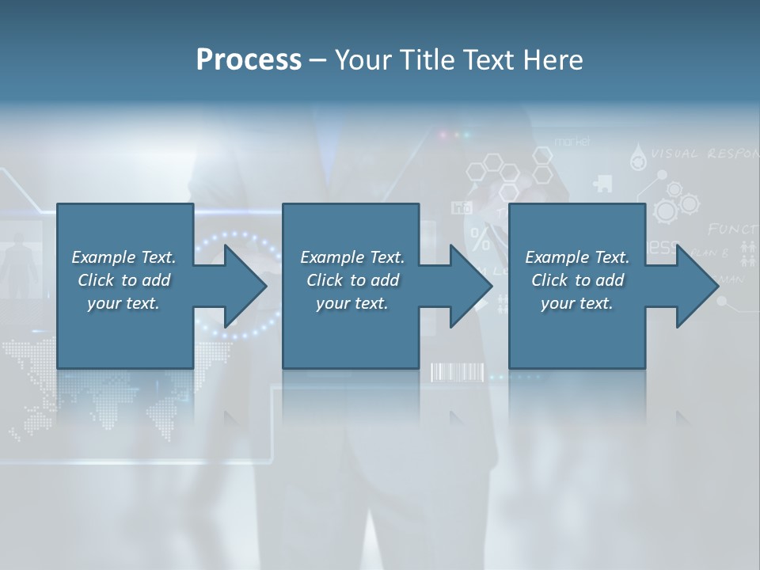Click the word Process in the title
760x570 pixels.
pyautogui.click(x=249, y=60)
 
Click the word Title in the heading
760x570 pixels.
pyautogui.click(x=428, y=60)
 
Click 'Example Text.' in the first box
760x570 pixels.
pyautogui.click(x=123, y=257)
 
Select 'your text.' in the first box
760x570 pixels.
pyautogui.click(x=123, y=303)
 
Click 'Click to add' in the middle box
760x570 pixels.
pyautogui.click(x=352, y=280)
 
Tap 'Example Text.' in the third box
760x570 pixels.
pyautogui.click(x=577, y=257)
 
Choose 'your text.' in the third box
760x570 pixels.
pyautogui.click(x=577, y=303)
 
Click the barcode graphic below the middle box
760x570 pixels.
pyautogui.click(x=457, y=373)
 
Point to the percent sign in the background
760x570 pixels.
pyautogui.click(x=480, y=238)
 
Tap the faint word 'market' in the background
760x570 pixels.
pyautogui.click(x=572, y=141)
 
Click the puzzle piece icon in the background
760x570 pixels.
pyautogui.click(x=602, y=184)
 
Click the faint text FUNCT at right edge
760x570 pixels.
pyautogui.click(x=732, y=229)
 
